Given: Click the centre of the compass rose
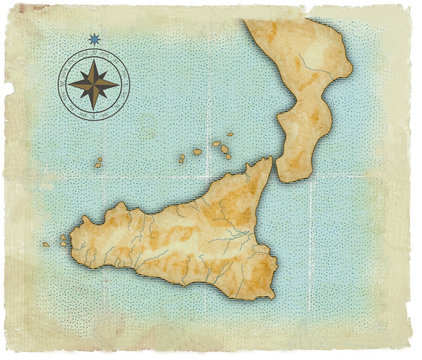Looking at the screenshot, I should [x=94, y=83].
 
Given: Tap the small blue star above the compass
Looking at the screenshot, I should [x=94, y=39].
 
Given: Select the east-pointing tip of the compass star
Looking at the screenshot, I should [x=120, y=83].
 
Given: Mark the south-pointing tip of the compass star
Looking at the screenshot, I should [x=94, y=109].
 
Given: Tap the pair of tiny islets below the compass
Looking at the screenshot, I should [x=98, y=162].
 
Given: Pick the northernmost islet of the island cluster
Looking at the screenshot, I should [x=230, y=134].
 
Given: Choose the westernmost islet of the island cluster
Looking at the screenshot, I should [x=181, y=158].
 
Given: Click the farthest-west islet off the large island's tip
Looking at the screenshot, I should [x=45, y=244].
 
